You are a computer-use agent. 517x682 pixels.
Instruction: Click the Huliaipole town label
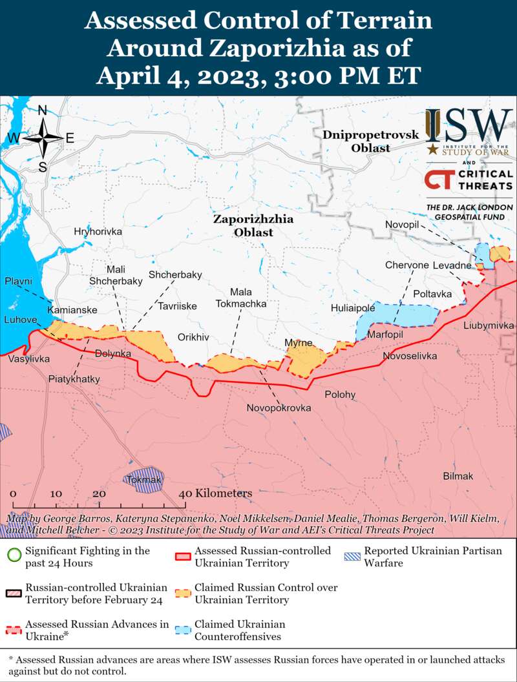(x=353, y=308)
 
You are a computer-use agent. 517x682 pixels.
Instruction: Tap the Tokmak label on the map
(x=143, y=480)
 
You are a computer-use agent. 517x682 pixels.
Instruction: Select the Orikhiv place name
(x=193, y=337)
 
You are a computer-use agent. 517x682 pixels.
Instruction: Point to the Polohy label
(x=340, y=395)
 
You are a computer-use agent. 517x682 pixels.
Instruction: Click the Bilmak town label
(x=458, y=476)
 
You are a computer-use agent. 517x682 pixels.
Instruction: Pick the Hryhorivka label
(x=98, y=231)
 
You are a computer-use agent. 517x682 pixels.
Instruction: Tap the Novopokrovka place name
(x=279, y=408)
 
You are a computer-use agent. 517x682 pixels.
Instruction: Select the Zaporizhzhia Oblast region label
(x=253, y=225)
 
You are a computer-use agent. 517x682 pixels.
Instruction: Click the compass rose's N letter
(x=43, y=110)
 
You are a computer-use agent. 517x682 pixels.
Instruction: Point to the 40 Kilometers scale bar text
(x=215, y=493)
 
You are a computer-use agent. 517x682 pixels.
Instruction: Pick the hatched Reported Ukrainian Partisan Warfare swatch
(x=353, y=556)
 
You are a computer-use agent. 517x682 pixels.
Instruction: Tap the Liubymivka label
(x=488, y=325)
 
